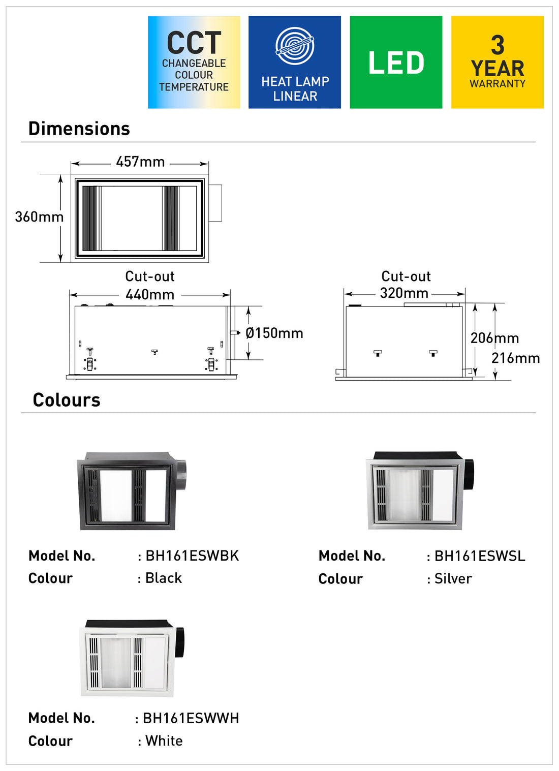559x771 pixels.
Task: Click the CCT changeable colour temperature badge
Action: click(194, 63)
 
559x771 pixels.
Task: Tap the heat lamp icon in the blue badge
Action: click(295, 46)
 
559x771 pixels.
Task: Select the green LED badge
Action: click(396, 63)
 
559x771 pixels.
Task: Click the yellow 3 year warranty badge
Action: click(498, 63)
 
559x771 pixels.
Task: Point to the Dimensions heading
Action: click(79, 129)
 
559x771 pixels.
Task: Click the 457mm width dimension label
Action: click(140, 162)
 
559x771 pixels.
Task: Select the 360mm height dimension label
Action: click(39, 217)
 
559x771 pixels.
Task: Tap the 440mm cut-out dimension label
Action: click(150, 295)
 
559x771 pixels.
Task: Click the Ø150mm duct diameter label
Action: click(274, 333)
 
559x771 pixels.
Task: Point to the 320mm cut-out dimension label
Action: click(404, 293)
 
